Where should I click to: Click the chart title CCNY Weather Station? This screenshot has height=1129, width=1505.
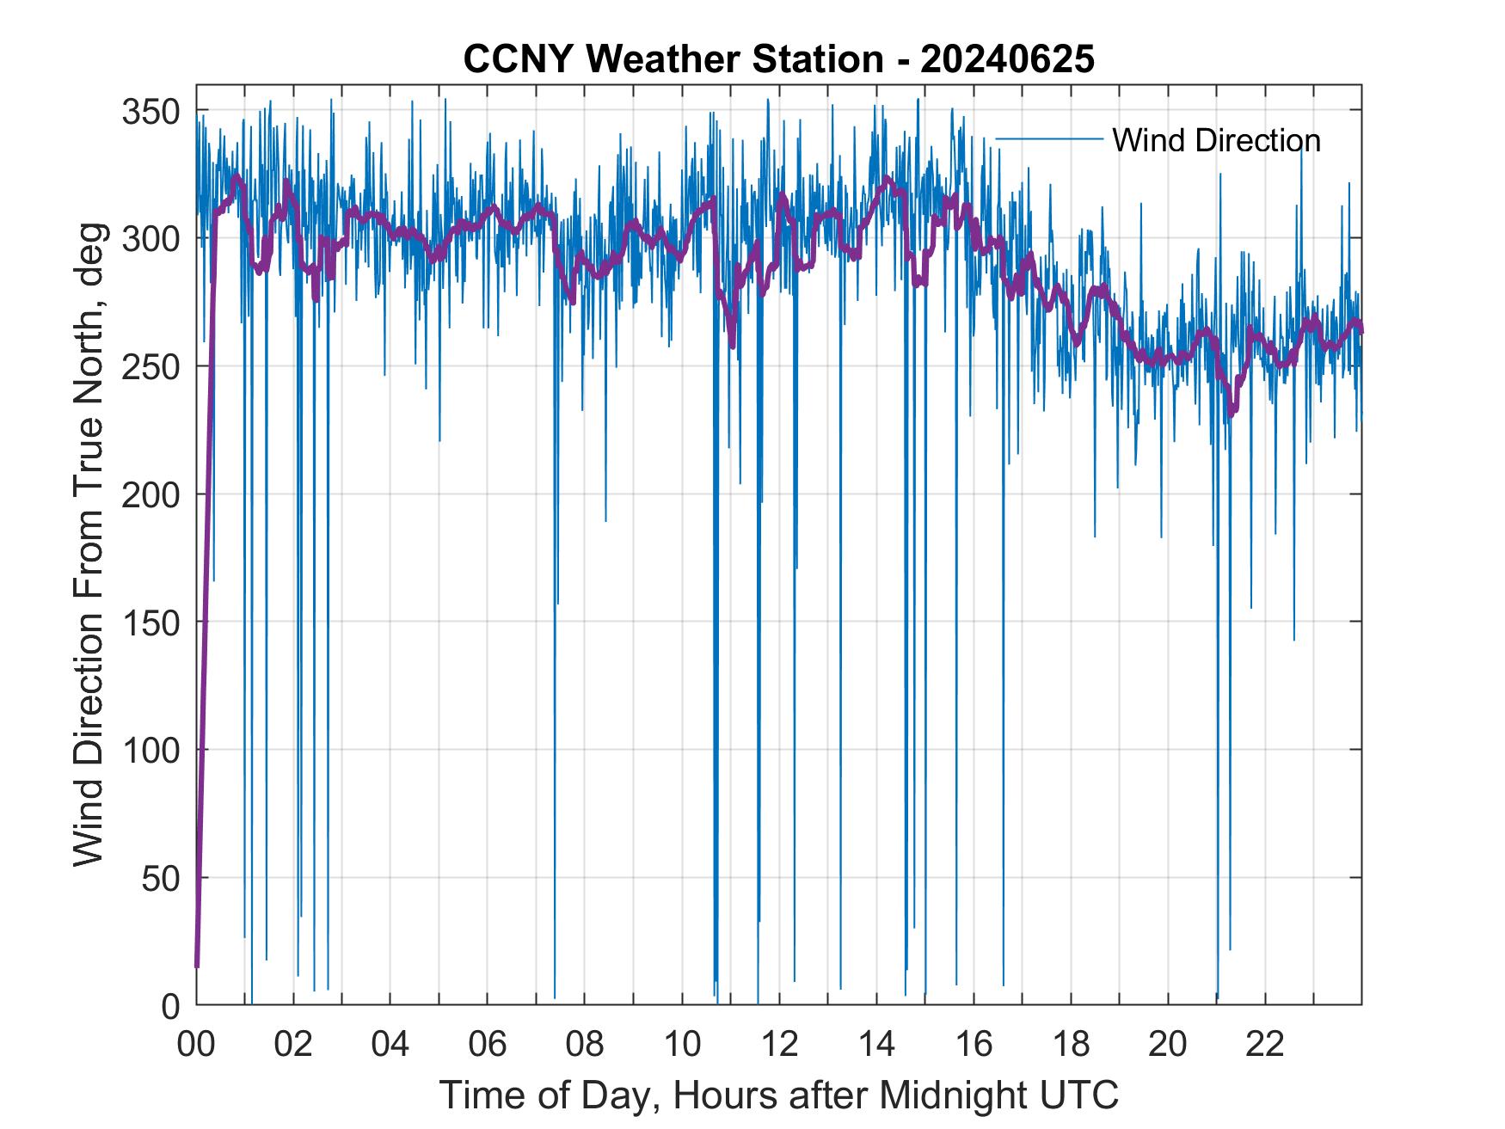(673, 59)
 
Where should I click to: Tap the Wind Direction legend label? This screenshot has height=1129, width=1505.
(1216, 140)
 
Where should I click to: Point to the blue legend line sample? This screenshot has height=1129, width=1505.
(1049, 138)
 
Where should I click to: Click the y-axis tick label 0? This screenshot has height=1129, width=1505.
(170, 1005)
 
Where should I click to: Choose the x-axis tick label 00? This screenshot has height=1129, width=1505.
(197, 1045)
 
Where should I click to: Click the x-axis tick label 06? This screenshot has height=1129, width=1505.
(488, 1045)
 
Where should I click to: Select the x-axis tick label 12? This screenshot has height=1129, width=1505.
(779, 1045)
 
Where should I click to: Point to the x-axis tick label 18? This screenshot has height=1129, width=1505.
(1071, 1045)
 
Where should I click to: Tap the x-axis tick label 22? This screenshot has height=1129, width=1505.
(1265, 1045)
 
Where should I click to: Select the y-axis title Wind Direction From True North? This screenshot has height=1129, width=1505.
(89, 543)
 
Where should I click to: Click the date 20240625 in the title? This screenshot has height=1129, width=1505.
(1007, 59)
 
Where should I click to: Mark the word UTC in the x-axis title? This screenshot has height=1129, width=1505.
(1079, 1095)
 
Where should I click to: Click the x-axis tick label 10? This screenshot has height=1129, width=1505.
(682, 1045)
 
